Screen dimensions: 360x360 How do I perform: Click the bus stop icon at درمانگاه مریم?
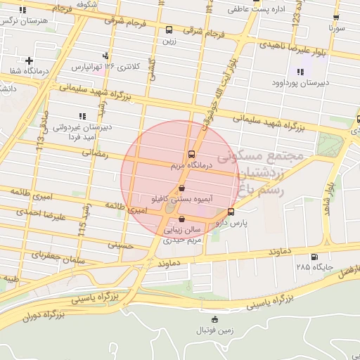pyautogui.click(x=191, y=155)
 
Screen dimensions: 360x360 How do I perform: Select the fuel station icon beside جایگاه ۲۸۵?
pyautogui.click(x=314, y=257)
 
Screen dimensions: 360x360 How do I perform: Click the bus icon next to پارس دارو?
pyautogui.click(x=231, y=212)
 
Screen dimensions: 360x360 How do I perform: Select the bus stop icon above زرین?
pyautogui.click(x=169, y=30)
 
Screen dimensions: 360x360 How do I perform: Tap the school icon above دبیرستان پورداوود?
pyautogui.click(x=301, y=72)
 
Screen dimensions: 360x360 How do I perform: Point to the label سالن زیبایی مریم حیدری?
pyautogui.click(x=183, y=235)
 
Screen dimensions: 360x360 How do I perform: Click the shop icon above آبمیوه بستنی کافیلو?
pyautogui.click(x=182, y=188)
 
